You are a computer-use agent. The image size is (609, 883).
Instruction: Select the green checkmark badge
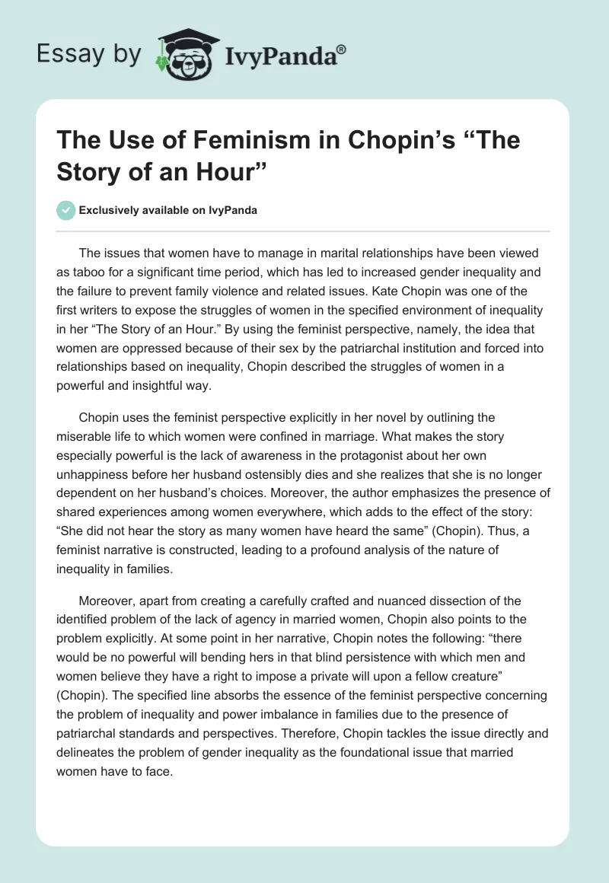pos(66,210)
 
